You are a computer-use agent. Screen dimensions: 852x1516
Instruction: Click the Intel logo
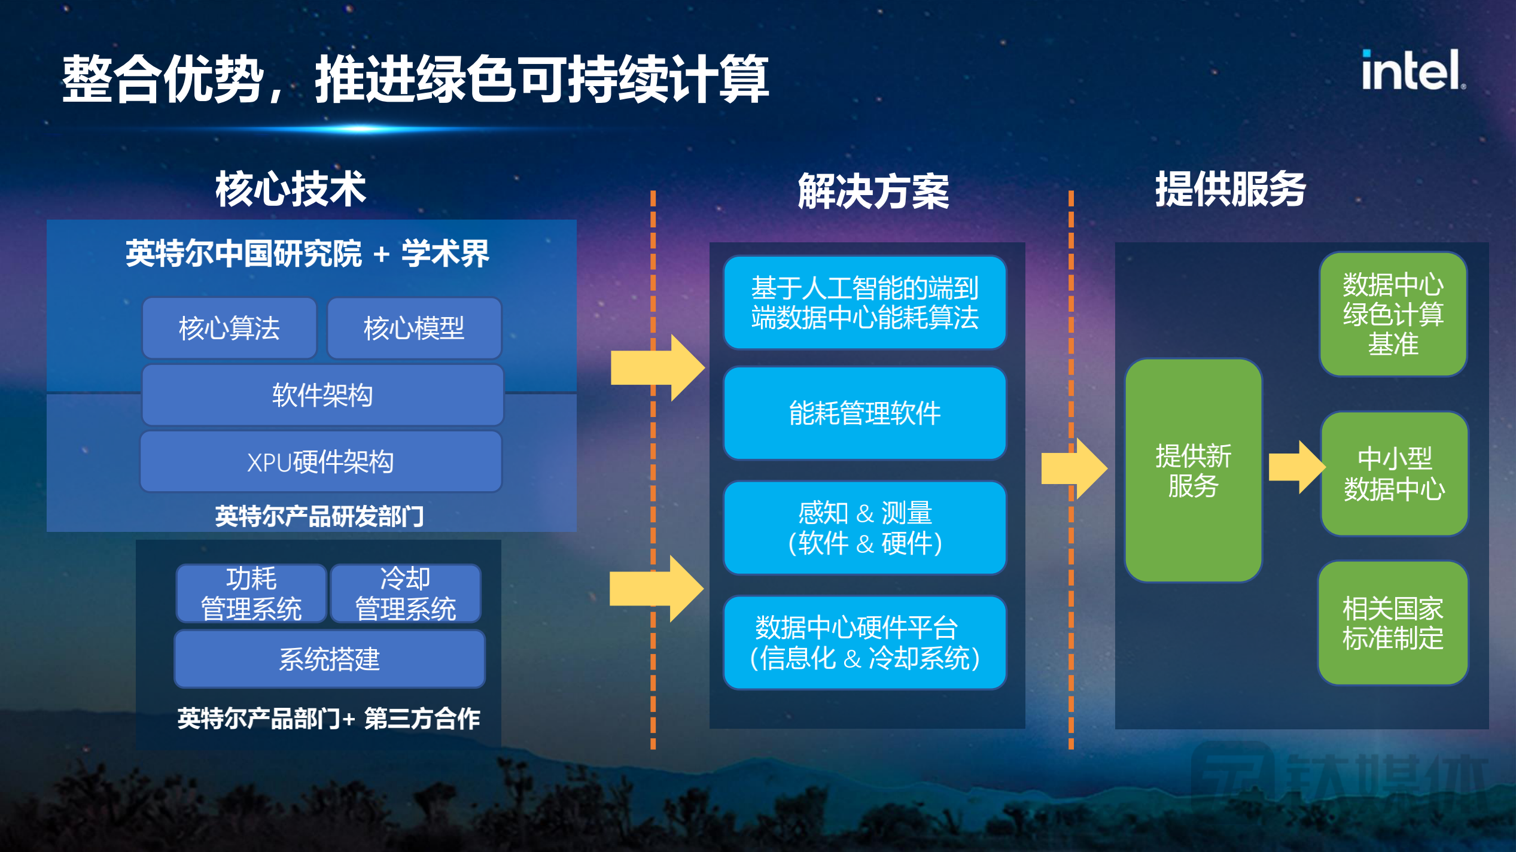click(x=1412, y=71)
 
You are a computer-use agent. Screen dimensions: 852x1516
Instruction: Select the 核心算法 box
click(x=229, y=328)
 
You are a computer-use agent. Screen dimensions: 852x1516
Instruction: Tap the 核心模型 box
click(x=414, y=328)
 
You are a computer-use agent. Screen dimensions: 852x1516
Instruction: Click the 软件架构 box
click(x=322, y=395)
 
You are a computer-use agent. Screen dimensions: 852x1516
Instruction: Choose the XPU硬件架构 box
click(x=321, y=461)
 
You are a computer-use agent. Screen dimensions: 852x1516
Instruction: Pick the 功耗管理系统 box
click(x=251, y=594)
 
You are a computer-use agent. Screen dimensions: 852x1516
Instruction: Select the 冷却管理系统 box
click(x=406, y=594)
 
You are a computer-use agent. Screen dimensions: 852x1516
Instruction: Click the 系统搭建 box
click(x=329, y=659)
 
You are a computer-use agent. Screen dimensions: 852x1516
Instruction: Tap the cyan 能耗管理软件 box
click(x=864, y=413)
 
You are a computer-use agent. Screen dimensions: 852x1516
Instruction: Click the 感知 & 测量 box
click(x=864, y=528)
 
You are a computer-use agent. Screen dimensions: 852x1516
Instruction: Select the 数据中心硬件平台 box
click(x=864, y=643)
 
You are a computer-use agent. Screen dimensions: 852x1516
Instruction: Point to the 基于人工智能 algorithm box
click(x=864, y=302)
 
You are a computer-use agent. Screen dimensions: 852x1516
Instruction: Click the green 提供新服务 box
click(x=1194, y=470)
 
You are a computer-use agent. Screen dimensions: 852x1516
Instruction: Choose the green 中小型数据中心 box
click(x=1394, y=473)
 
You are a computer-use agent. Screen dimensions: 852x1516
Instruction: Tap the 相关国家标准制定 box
click(x=1393, y=623)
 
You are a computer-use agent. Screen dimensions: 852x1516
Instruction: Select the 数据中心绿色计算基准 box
click(x=1393, y=314)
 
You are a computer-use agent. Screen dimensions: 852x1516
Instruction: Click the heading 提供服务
click(x=1229, y=189)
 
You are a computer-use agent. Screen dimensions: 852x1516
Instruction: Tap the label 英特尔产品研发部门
click(x=319, y=516)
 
